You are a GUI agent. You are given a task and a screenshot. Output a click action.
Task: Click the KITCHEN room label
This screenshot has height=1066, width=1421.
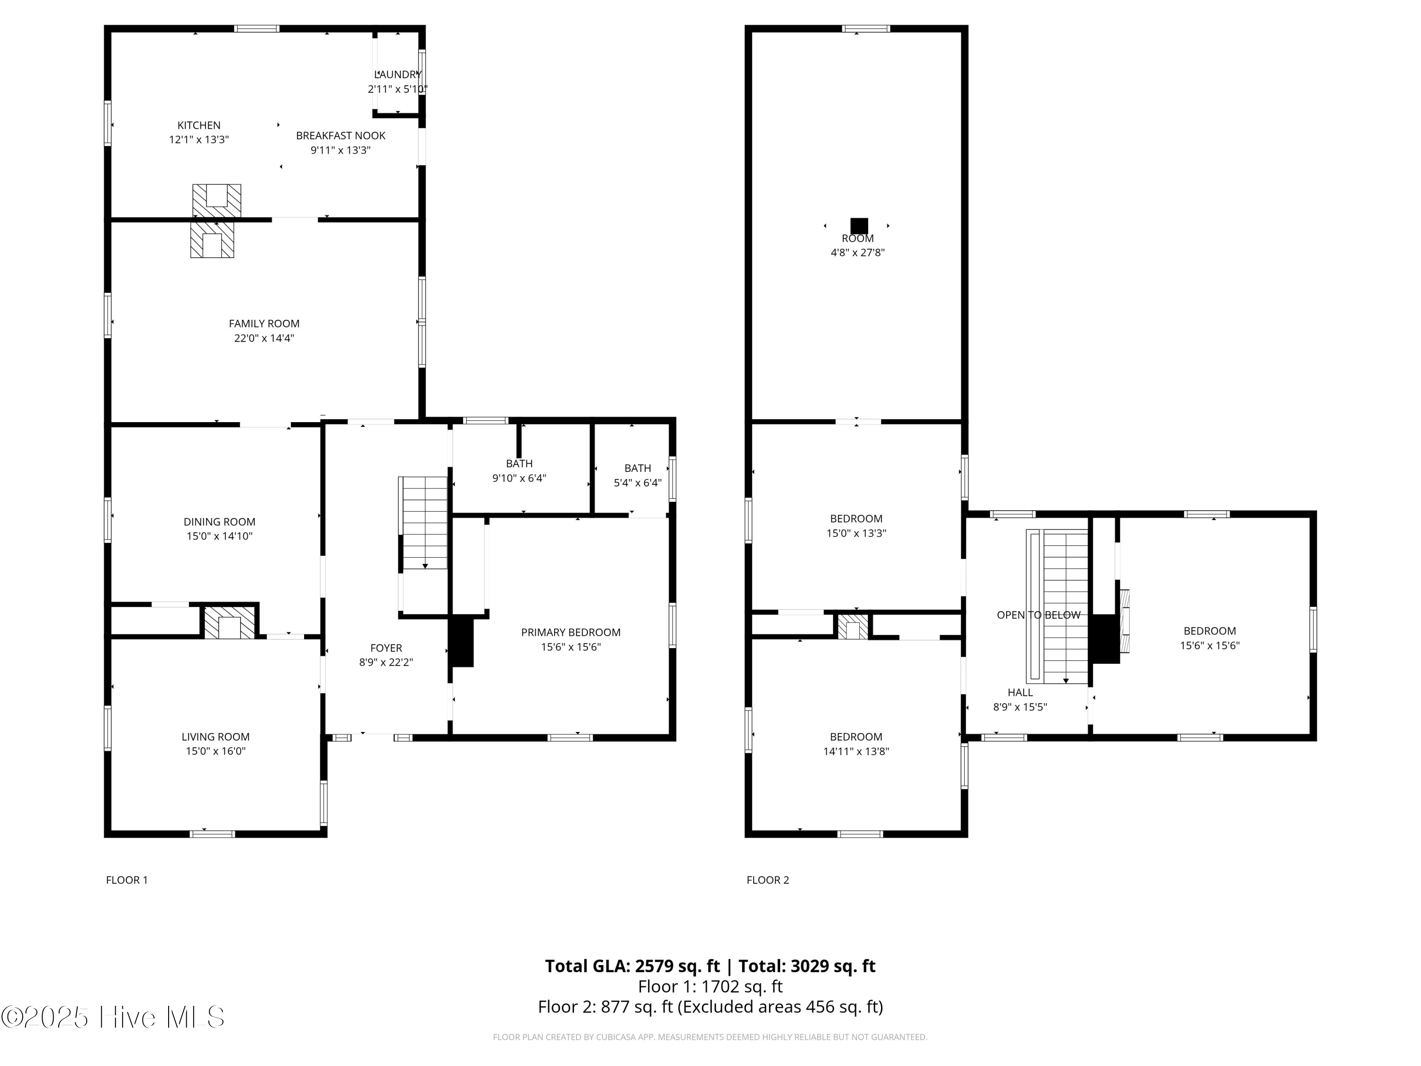[x=198, y=125]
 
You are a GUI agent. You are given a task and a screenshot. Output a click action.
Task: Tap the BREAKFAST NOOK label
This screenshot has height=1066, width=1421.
[x=341, y=136]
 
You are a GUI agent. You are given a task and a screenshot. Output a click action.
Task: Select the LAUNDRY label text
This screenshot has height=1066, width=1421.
[x=397, y=74]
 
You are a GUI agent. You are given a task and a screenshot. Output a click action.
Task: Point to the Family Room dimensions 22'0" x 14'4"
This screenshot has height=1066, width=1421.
[x=264, y=338]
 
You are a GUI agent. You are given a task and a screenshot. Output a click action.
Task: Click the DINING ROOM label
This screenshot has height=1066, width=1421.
[x=219, y=522]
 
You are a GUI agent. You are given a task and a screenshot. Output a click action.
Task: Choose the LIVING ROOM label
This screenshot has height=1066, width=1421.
[x=215, y=737]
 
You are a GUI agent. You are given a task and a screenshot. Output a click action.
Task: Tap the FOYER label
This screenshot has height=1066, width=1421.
[x=386, y=648]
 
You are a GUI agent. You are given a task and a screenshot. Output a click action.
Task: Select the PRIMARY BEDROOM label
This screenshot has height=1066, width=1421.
[x=570, y=632]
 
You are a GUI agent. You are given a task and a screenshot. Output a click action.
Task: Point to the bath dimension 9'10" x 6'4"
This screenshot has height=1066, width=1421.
[x=519, y=478]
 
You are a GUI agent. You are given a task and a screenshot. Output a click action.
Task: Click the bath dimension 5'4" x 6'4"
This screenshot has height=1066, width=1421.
[x=637, y=483]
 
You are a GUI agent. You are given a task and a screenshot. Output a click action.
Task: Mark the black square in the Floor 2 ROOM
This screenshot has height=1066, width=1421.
[x=859, y=226]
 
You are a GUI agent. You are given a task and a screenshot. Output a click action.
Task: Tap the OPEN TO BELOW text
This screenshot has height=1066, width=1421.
[x=1038, y=615]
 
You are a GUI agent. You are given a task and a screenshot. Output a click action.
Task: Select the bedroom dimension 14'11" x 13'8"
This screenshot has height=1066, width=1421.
[x=856, y=751]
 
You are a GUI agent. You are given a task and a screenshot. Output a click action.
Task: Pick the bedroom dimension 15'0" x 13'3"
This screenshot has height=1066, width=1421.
[x=856, y=533]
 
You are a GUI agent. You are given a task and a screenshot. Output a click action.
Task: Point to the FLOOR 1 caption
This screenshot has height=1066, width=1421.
[x=126, y=880]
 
